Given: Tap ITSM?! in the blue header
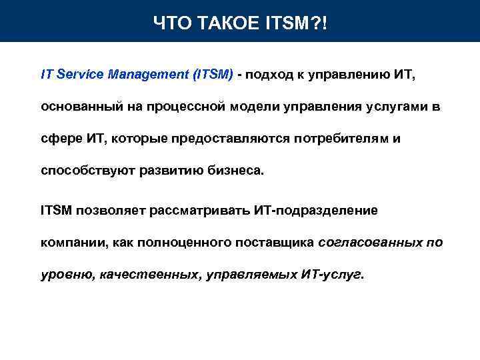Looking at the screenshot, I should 302,25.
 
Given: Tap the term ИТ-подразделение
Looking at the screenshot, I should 316,211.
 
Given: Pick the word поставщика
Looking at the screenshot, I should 275,243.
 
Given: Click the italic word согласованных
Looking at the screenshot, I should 370,243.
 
